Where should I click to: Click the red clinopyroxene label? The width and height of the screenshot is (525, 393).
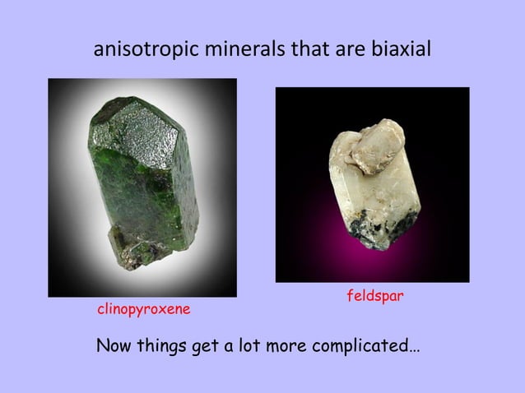tap(144, 310)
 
